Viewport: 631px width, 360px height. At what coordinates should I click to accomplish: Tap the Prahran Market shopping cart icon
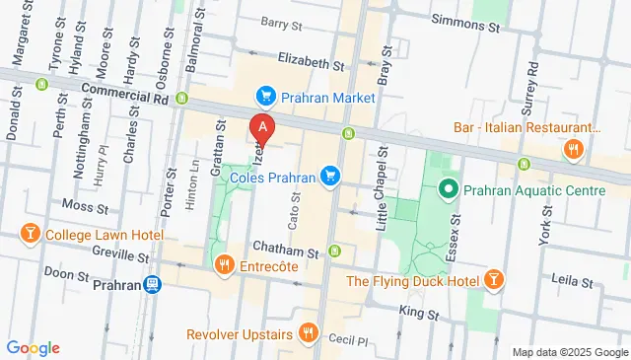(264, 97)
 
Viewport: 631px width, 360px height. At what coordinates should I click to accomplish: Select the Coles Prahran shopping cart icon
(331, 177)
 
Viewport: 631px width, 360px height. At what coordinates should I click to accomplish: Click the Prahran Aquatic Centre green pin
(448, 186)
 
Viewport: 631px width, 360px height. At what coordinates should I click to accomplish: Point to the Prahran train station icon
(152, 285)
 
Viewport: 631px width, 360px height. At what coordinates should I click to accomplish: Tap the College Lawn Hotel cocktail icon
(30, 236)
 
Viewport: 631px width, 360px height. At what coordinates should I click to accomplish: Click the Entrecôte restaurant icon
(224, 264)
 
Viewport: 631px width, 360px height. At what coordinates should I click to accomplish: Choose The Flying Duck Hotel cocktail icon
(493, 281)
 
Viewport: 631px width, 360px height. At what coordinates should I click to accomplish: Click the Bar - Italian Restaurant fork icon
(572, 149)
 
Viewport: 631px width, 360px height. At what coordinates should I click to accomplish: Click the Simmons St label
(465, 19)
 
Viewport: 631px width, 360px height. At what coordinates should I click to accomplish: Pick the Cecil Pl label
(349, 338)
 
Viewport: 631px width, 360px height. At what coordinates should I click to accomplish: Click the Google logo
(33, 348)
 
